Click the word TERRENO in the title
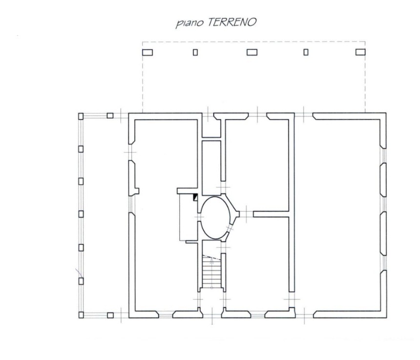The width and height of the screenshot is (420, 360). pos(232,22)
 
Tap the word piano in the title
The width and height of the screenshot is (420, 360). pos(189,23)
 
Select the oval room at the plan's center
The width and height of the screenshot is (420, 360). pos(215,217)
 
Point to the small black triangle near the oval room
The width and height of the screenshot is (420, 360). pos(195,197)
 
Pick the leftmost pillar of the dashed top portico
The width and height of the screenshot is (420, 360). pos(147,52)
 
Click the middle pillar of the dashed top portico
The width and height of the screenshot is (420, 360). pos(252,52)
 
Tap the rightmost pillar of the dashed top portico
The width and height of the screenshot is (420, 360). pos(360,52)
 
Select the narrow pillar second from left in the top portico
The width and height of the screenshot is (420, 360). pos(195,52)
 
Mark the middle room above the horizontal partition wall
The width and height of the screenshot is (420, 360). pos(257,165)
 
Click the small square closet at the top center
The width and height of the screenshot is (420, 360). pos(211,128)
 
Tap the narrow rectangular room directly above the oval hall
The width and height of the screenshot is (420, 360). pos(211,168)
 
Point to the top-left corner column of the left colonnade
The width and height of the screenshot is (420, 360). pos(81,116)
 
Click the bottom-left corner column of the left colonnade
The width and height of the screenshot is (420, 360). pos(81,315)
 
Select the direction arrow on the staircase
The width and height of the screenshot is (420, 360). pos(211,273)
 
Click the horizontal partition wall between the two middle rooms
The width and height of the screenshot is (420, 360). pos(271,214)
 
